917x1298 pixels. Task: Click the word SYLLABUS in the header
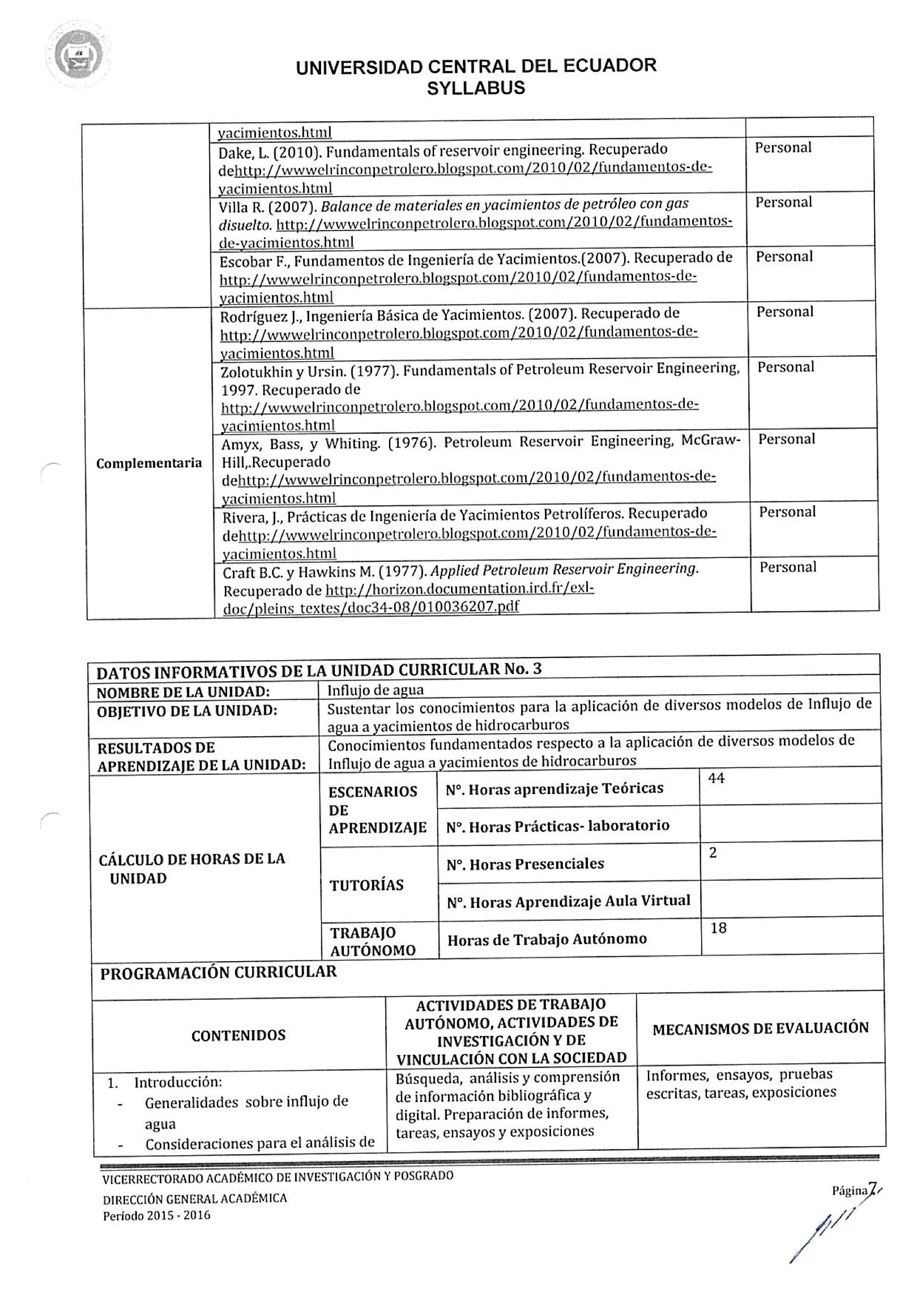click(476, 88)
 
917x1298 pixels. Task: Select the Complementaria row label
click(149, 463)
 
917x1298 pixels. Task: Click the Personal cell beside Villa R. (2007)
click(784, 202)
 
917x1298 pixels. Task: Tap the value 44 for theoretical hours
click(716, 778)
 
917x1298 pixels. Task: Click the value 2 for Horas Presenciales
click(713, 852)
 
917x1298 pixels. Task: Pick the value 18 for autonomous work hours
click(718, 928)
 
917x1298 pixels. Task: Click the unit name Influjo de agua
click(375, 690)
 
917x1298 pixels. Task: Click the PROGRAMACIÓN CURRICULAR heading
click(218, 972)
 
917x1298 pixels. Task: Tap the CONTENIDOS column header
click(239, 1036)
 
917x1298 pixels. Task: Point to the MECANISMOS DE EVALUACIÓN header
click(760, 1028)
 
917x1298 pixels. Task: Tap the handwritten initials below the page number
click(825, 1233)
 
